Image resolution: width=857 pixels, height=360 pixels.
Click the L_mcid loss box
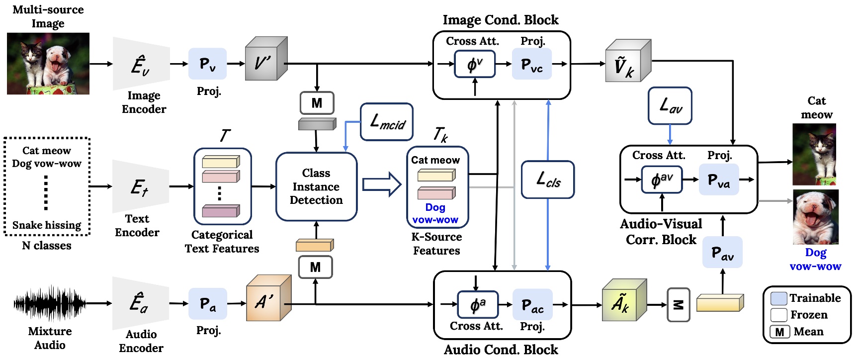[x=386, y=122]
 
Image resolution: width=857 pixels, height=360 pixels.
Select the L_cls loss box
[x=548, y=180]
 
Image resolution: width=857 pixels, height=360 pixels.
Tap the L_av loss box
[x=670, y=106]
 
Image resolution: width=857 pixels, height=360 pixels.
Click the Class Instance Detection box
[x=316, y=186]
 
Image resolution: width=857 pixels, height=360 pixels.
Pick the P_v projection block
[x=207, y=64]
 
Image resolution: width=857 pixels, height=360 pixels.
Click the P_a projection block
[x=208, y=303]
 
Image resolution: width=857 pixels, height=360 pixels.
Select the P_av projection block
[x=722, y=253]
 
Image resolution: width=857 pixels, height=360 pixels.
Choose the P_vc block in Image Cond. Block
[x=531, y=64]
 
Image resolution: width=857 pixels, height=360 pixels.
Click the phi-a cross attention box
[x=478, y=304]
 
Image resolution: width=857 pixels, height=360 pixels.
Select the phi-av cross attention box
[x=662, y=180]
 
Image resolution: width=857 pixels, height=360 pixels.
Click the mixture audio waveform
[x=50, y=303]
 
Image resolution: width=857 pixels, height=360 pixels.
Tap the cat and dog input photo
[x=48, y=64]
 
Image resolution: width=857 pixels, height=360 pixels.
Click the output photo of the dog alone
[x=816, y=217]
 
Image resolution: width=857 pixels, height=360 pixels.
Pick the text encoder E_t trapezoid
[x=141, y=186]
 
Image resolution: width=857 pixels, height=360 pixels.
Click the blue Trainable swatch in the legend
[x=778, y=298]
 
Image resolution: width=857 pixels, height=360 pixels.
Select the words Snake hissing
[x=47, y=225]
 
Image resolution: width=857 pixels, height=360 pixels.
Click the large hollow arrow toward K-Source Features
[x=381, y=184]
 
